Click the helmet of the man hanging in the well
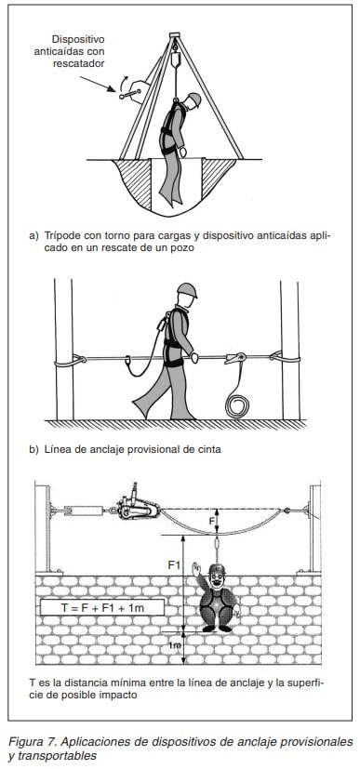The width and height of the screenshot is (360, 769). tap(194, 99)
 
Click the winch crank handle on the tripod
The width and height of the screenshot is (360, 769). tap(128, 93)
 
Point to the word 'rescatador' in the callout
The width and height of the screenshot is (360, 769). tap(79, 63)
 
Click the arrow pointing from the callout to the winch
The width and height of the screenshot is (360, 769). tap(97, 84)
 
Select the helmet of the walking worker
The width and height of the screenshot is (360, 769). tap(187, 290)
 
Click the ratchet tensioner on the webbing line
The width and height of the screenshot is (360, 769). tap(236, 359)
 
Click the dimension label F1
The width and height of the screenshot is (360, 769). tap(174, 565)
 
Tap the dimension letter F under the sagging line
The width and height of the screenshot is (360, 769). tap(212, 521)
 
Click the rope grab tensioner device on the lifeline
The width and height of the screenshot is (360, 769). tap(138, 507)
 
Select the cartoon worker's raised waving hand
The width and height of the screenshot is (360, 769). tap(196, 570)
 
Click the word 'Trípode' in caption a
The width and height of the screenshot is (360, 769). tap(59, 235)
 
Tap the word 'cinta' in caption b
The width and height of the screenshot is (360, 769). tap(210, 449)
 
